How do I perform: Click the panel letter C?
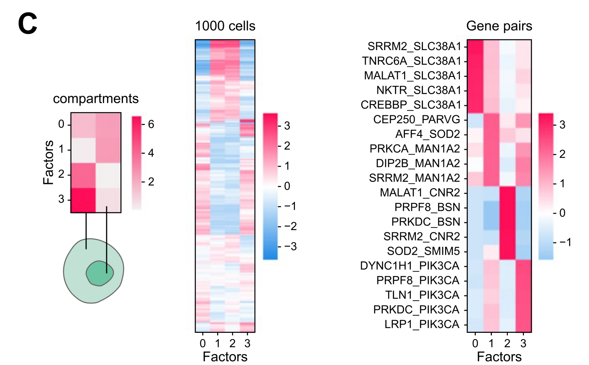pos(28,24)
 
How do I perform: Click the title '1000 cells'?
pos(225,26)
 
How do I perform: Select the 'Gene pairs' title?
pos(499,26)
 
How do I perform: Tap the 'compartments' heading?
pos(96,99)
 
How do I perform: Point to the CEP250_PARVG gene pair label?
pos(417,120)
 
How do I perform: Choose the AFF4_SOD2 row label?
pos(428,134)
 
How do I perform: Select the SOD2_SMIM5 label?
pos(423,251)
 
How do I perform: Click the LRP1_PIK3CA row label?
pos(422,324)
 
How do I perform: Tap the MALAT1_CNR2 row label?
pos(420,193)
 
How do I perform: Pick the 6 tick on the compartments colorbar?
pos(151,124)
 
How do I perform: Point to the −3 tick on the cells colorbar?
pos(290,247)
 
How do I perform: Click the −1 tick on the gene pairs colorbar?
pos(565,242)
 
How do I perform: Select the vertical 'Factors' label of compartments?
pos(49,162)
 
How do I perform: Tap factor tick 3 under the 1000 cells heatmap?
pos(247,344)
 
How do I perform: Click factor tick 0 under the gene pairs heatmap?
pos(475,344)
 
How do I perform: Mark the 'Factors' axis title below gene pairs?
pos(499,357)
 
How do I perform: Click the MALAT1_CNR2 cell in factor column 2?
pos(507,193)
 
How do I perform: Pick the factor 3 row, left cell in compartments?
pos(83,200)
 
